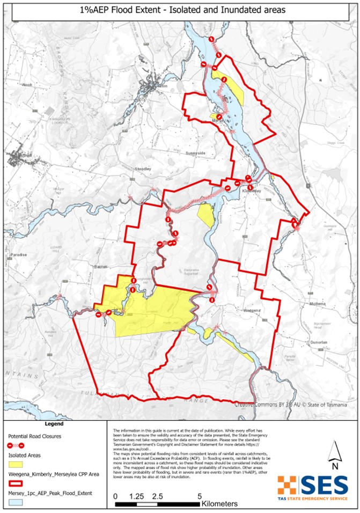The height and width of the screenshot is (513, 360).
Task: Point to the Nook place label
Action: point(28,85)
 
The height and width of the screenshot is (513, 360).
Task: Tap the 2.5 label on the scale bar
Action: point(158,496)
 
